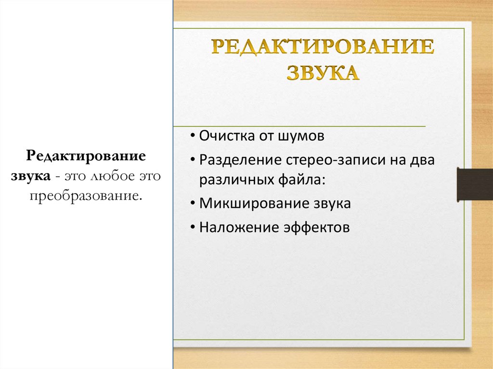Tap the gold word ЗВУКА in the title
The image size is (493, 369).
click(323, 73)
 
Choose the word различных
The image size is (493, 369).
click(232, 180)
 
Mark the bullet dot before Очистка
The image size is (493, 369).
click(193, 136)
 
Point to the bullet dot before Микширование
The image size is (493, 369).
click(193, 203)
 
